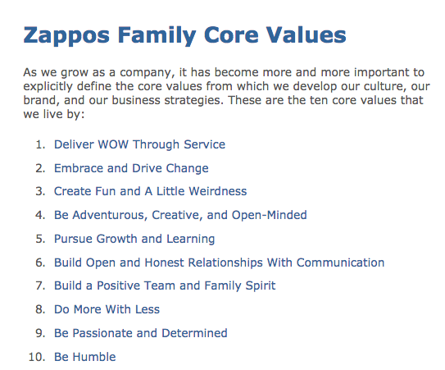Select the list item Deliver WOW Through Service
pyautogui.click(x=139, y=144)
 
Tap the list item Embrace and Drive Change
pyautogui.click(x=131, y=168)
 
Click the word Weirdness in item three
pyautogui.click(x=217, y=191)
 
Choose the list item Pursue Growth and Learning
pyautogui.click(x=134, y=239)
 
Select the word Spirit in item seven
pyautogui.click(x=257, y=285)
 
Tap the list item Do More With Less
pyautogui.click(x=107, y=309)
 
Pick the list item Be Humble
pyautogui.click(x=84, y=357)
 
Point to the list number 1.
pyautogui.click(x=40, y=144)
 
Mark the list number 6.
pyautogui.click(x=40, y=263)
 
